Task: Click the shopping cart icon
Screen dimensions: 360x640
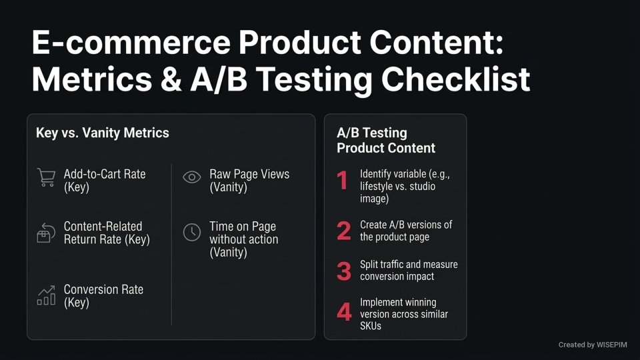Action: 46,177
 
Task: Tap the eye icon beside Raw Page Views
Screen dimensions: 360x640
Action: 192,177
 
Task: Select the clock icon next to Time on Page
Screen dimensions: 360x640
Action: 192,232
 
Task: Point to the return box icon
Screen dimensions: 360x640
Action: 45,233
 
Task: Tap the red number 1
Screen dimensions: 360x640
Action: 343,180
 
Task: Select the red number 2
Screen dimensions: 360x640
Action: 343,231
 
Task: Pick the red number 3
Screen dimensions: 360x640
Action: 343,271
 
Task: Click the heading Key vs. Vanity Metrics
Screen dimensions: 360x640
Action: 103,133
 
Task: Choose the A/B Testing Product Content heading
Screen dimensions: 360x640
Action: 386,141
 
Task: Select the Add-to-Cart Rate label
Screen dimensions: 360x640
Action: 105,174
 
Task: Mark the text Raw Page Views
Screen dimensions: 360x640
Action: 249,174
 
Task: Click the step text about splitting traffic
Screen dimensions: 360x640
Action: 409,271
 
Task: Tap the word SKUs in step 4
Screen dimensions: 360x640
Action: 371,327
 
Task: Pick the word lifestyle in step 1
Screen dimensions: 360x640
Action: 377,186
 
